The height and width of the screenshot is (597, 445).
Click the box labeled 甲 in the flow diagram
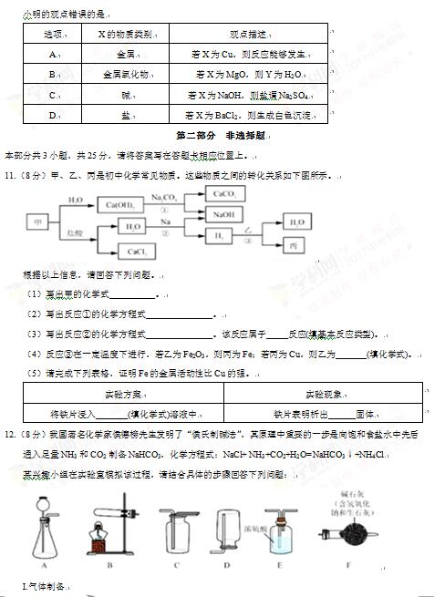click(x=37, y=221)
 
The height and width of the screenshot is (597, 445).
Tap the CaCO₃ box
click(x=222, y=194)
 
